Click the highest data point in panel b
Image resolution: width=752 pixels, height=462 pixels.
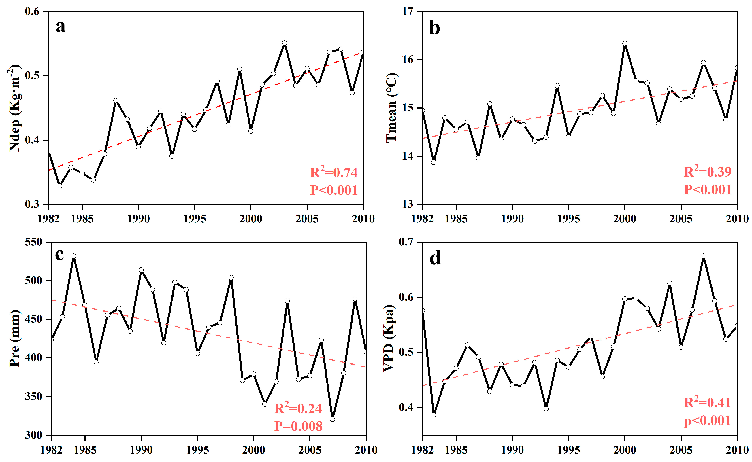pos(625,43)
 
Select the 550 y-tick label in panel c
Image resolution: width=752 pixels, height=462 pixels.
pos(34,242)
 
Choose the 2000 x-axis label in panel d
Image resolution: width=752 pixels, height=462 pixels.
pos(625,450)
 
